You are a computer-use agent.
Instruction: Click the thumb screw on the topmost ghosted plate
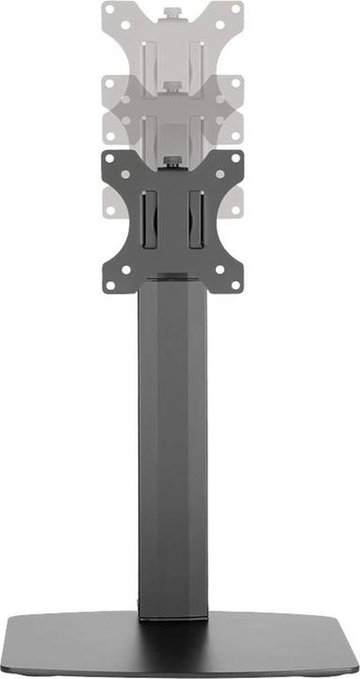[x=176, y=13]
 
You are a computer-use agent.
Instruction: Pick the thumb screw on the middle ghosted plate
[x=176, y=88]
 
